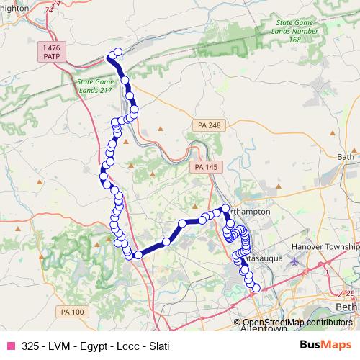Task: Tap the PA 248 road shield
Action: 209,125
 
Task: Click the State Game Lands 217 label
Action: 96,86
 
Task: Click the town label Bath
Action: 346,156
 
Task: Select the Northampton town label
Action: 248,212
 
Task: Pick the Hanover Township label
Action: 325,247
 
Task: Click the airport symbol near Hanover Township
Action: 294,261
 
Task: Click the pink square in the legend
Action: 10,346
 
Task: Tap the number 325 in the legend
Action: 31,346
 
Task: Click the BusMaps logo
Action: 325,345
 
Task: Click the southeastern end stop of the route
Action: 255,288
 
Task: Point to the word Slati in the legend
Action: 154,346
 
